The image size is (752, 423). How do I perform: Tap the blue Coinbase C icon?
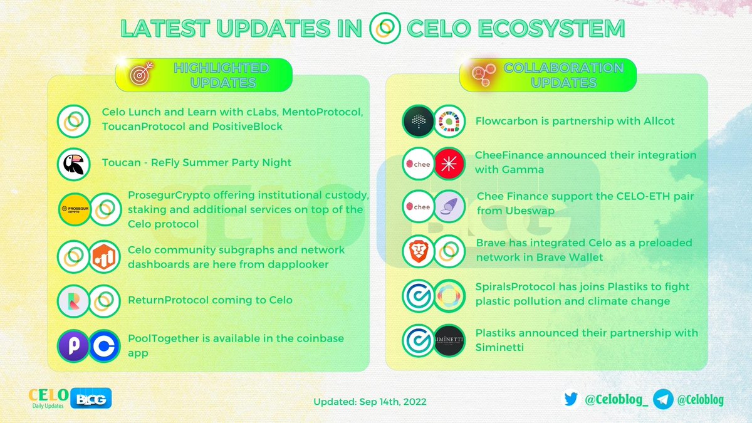pyautogui.click(x=103, y=345)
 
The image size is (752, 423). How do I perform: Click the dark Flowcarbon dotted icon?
pyautogui.click(x=418, y=121)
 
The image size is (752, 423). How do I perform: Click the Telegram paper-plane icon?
pyautogui.click(x=663, y=399)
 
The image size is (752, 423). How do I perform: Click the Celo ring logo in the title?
pyautogui.click(x=385, y=29)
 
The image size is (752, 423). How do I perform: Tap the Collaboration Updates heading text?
pyautogui.click(x=563, y=75)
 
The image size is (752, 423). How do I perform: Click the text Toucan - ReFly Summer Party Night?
pyautogui.click(x=197, y=162)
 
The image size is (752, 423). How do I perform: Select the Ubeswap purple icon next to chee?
pyautogui.click(x=449, y=207)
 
